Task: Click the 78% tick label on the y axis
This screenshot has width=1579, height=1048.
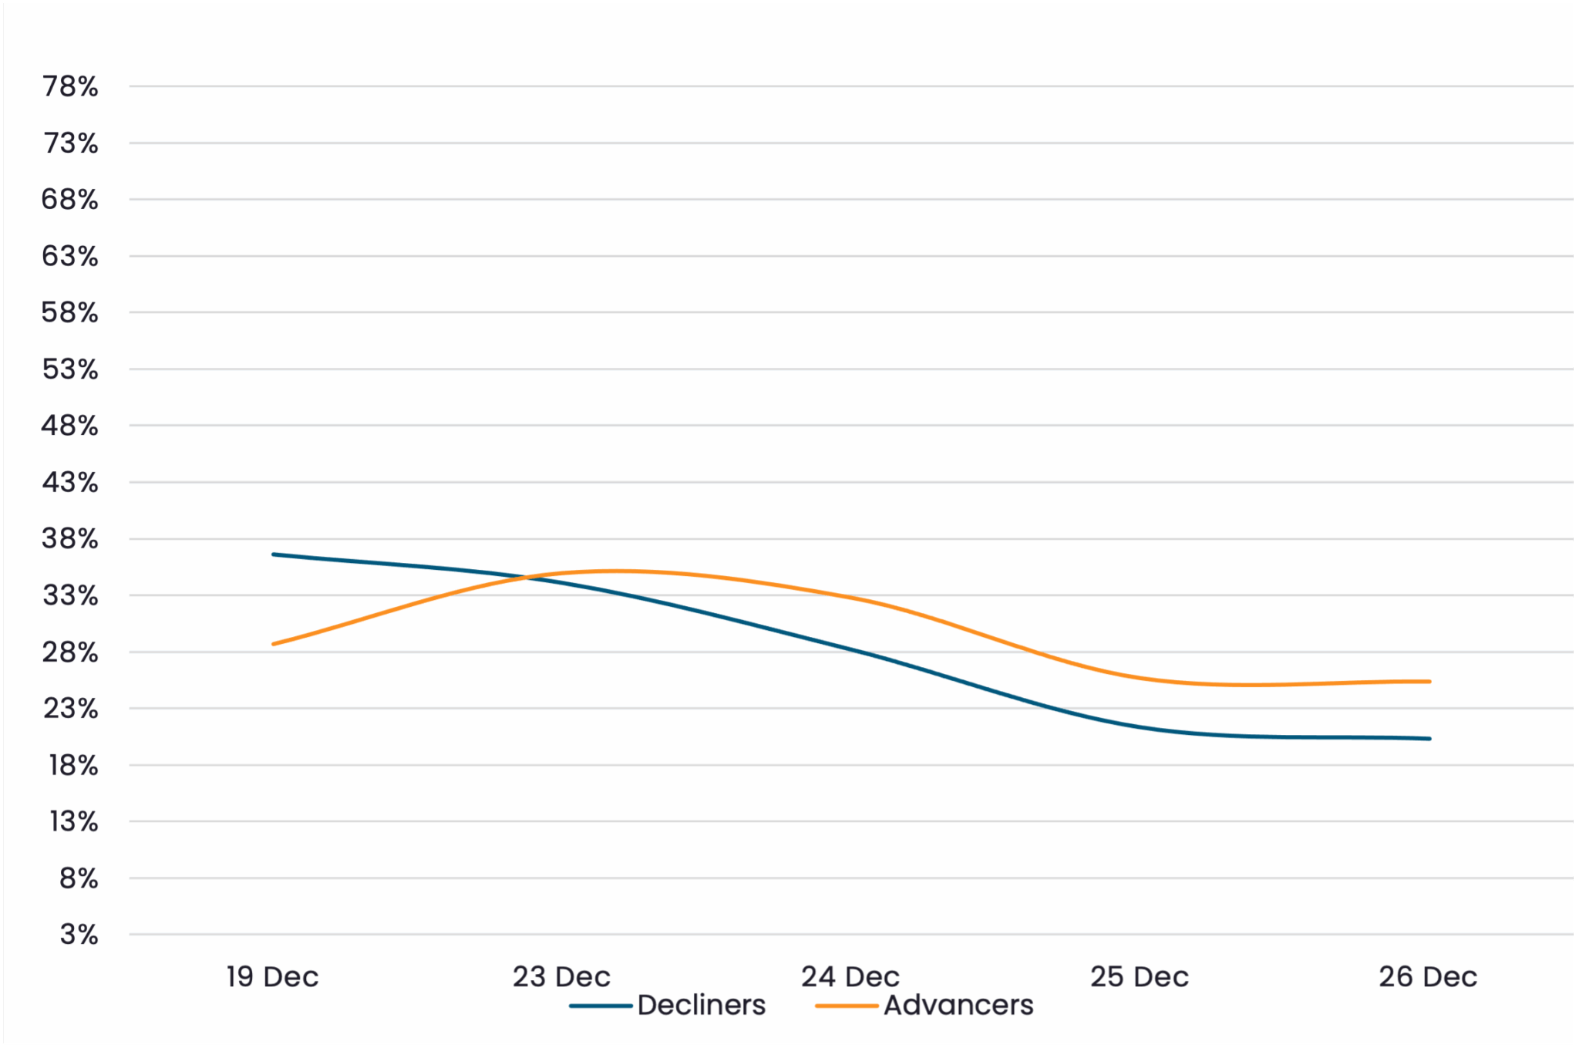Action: click(x=70, y=86)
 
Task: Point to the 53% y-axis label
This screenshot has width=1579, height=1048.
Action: click(x=70, y=369)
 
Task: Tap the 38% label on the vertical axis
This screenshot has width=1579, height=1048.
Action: click(x=70, y=539)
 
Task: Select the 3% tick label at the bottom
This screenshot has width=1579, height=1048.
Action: click(x=79, y=935)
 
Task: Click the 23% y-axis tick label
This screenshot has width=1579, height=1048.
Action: click(x=70, y=709)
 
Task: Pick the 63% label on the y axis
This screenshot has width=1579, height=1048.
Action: click(x=70, y=256)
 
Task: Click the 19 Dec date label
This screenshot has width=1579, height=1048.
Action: click(x=272, y=977)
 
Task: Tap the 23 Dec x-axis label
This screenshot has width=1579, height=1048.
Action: click(x=561, y=977)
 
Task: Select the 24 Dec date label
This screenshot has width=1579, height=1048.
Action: click(x=850, y=977)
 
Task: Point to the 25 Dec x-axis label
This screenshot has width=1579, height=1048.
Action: click(x=1140, y=977)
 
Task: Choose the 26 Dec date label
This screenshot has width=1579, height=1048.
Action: click(x=1428, y=977)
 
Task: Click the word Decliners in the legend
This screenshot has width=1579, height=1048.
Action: click(x=702, y=1006)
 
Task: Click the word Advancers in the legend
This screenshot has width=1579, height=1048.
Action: click(x=958, y=1006)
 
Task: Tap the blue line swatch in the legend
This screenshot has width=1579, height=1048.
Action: click(x=601, y=1006)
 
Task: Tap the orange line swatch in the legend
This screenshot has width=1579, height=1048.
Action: click(x=847, y=1006)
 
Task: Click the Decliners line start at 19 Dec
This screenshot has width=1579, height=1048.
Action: click(x=274, y=554)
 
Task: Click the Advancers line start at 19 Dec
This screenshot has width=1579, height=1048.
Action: click(x=274, y=644)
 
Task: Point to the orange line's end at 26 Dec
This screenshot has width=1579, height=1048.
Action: click(x=1429, y=682)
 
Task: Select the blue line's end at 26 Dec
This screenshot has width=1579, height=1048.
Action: click(x=1429, y=739)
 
